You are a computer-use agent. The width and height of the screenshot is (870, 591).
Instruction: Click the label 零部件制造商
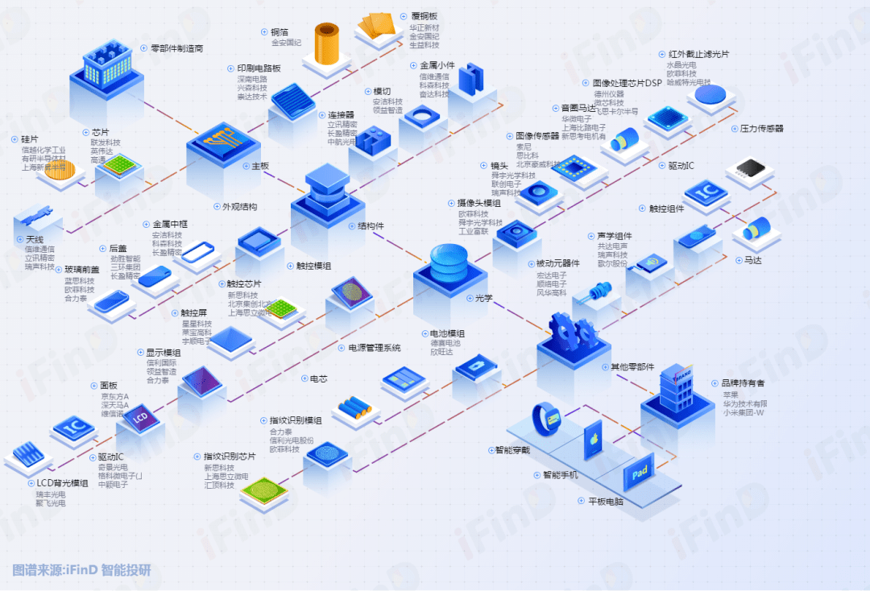(177, 48)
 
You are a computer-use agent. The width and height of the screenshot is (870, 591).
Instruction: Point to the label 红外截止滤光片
(698, 54)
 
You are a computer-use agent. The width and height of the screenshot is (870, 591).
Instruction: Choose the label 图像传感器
(536, 136)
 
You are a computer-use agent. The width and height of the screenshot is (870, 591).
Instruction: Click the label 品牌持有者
(738, 383)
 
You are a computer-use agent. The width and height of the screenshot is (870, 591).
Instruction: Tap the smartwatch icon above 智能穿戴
(545, 419)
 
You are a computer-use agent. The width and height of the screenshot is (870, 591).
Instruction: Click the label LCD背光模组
(62, 483)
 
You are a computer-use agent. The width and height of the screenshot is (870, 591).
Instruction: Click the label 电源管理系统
(373, 348)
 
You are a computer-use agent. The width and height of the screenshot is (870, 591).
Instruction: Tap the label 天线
(34, 239)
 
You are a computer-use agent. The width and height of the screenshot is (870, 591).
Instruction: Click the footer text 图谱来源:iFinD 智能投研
(81, 570)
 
